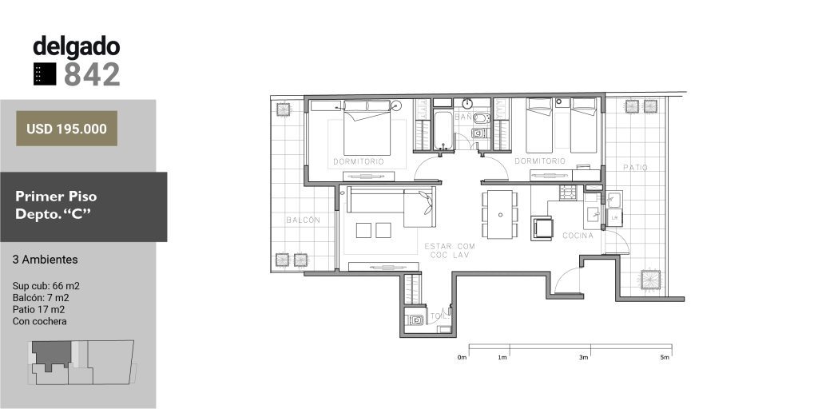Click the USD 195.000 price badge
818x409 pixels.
pos(67,129)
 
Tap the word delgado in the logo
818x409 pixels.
pos(77,47)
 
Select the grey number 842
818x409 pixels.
pos(92,74)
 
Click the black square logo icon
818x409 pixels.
pos(45,74)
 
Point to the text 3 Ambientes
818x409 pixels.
pos(46,260)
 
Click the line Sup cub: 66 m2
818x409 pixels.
pos(46,286)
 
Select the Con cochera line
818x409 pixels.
pos(40,321)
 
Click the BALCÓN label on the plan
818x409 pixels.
pos(303,220)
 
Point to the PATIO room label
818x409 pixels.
pos(635,168)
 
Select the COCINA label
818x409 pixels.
pos(578,236)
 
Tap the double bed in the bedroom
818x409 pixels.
pos(367,128)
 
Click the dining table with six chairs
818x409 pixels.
pos(500,214)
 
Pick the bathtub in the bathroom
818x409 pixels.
pos(443,130)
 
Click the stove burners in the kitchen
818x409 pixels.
pos(568,193)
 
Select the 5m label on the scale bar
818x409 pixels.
pos(664,358)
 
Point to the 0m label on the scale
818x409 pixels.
pos(462,358)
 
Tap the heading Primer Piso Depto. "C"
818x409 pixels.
pos(56,205)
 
